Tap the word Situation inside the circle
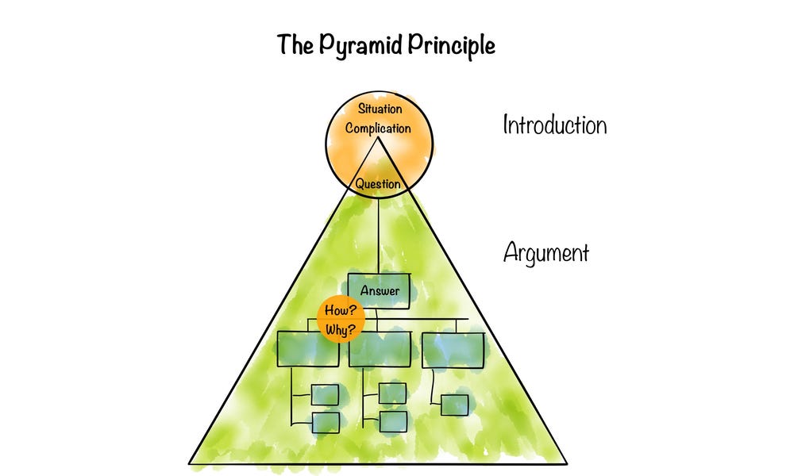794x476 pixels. (x=379, y=109)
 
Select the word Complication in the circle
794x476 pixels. (x=378, y=128)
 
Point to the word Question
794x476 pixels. (x=378, y=184)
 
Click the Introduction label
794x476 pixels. (x=554, y=125)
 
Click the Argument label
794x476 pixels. (x=546, y=253)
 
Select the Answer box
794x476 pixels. (x=380, y=291)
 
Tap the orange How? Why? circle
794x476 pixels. (x=337, y=321)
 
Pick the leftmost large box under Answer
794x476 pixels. (x=308, y=349)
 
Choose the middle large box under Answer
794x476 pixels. (x=380, y=349)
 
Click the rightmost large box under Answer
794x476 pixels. (x=452, y=349)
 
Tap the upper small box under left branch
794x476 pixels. (x=326, y=393)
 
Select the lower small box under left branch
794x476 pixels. (x=326, y=422)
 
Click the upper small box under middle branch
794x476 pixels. (x=393, y=393)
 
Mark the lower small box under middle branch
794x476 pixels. (x=393, y=421)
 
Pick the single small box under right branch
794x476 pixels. (x=454, y=405)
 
